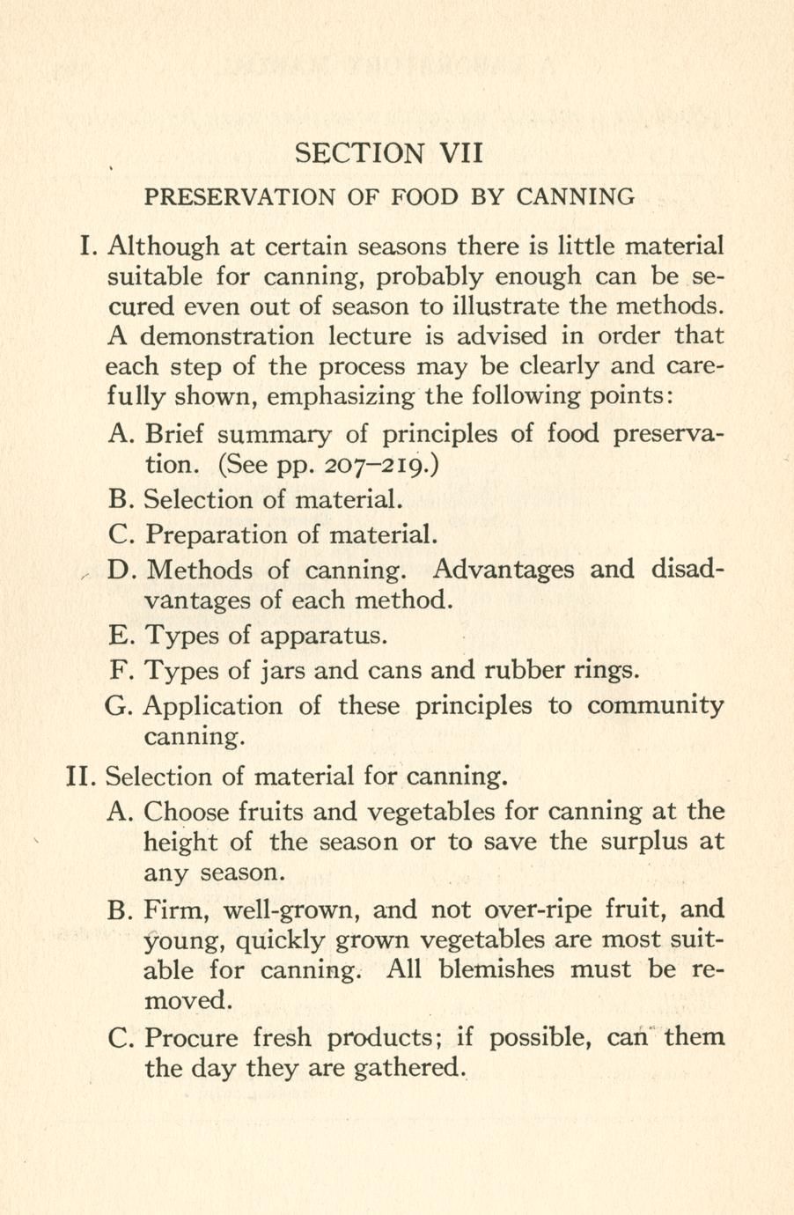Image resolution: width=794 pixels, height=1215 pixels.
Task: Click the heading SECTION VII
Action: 389,153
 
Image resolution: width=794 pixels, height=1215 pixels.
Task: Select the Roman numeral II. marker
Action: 82,777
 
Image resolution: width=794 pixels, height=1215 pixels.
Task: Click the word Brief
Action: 174,434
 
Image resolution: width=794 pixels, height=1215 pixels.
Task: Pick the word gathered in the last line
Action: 406,1068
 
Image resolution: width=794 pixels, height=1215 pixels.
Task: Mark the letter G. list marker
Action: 120,706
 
